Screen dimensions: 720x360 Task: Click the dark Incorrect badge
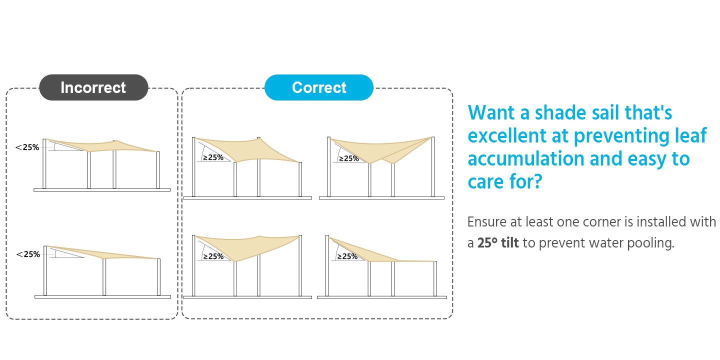click(x=93, y=87)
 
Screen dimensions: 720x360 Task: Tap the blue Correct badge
click(x=319, y=87)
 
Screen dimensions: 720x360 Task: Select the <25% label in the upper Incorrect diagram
click(x=27, y=147)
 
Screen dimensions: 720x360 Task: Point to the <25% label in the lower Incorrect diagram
click(x=28, y=254)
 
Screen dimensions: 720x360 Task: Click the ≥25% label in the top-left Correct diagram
click(x=213, y=157)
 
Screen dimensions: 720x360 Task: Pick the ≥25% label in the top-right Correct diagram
click(x=349, y=158)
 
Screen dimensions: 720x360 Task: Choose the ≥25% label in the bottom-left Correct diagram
click(x=213, y=256)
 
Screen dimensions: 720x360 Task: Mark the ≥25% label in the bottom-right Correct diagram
click(x=347, y=256)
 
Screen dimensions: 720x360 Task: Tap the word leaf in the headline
click(x=690, y=135)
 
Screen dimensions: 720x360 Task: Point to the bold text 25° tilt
click(x=498, y=243)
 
